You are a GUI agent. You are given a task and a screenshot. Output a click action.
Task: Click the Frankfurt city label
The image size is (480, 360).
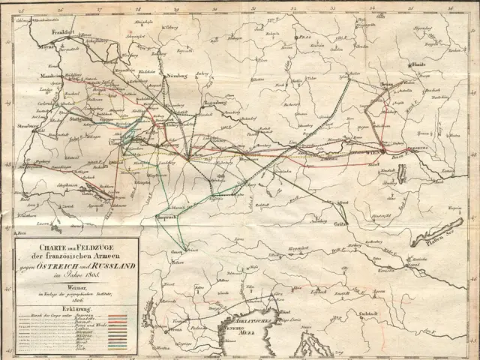coord(65,33)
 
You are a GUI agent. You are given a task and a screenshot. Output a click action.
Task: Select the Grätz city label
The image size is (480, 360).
coord(340,223)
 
